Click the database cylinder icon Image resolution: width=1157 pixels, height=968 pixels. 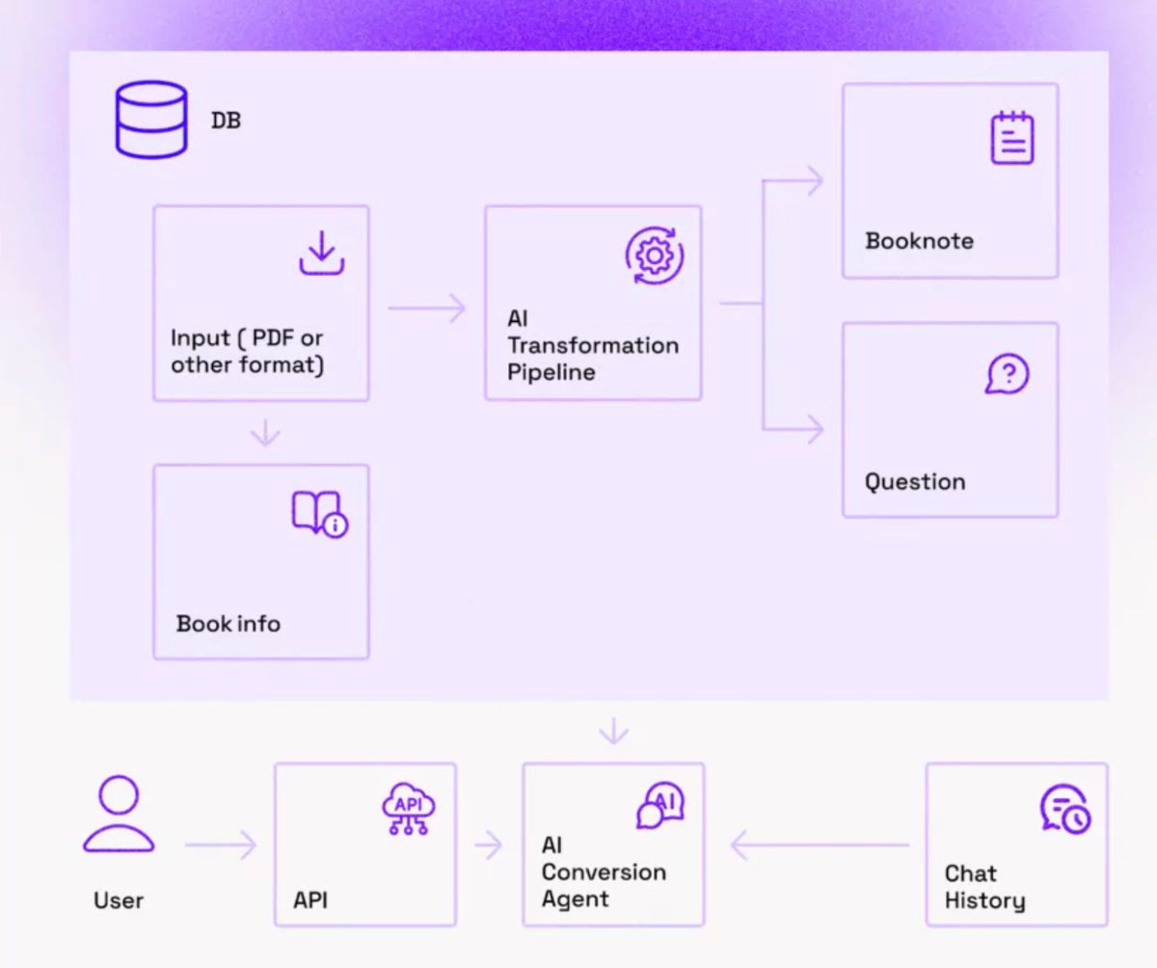(150, 120)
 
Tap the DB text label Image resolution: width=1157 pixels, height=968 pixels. (226, 121)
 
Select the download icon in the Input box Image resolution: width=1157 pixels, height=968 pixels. (322, 253)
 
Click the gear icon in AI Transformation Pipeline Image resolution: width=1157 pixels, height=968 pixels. (655, 255)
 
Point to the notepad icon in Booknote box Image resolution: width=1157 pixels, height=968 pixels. (1011, 138)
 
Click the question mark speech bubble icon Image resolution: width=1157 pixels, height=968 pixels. (1008, 374)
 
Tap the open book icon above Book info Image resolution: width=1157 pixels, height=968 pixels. (320, 514)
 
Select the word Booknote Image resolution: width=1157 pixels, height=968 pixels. (919, 241)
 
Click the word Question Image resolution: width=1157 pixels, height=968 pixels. (915, 482)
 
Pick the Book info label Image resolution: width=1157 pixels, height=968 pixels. (229, 624)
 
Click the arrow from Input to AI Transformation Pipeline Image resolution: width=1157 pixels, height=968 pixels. (426, 309)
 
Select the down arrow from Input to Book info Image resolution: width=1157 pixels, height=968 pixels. (265, 433)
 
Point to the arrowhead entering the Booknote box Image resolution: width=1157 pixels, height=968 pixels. (817, 180)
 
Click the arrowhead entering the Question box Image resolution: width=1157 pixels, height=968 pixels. (817, 429)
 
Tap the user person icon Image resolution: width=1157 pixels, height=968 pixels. (119, 814)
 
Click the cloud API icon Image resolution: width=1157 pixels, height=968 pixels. (409, 808)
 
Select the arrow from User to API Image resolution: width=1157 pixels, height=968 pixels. (221, 845)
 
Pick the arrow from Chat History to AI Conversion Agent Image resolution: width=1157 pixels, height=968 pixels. (821, 845)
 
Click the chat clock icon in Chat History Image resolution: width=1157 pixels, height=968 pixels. (1065, 809)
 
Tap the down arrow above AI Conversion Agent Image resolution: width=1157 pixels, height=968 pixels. (614, 731)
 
